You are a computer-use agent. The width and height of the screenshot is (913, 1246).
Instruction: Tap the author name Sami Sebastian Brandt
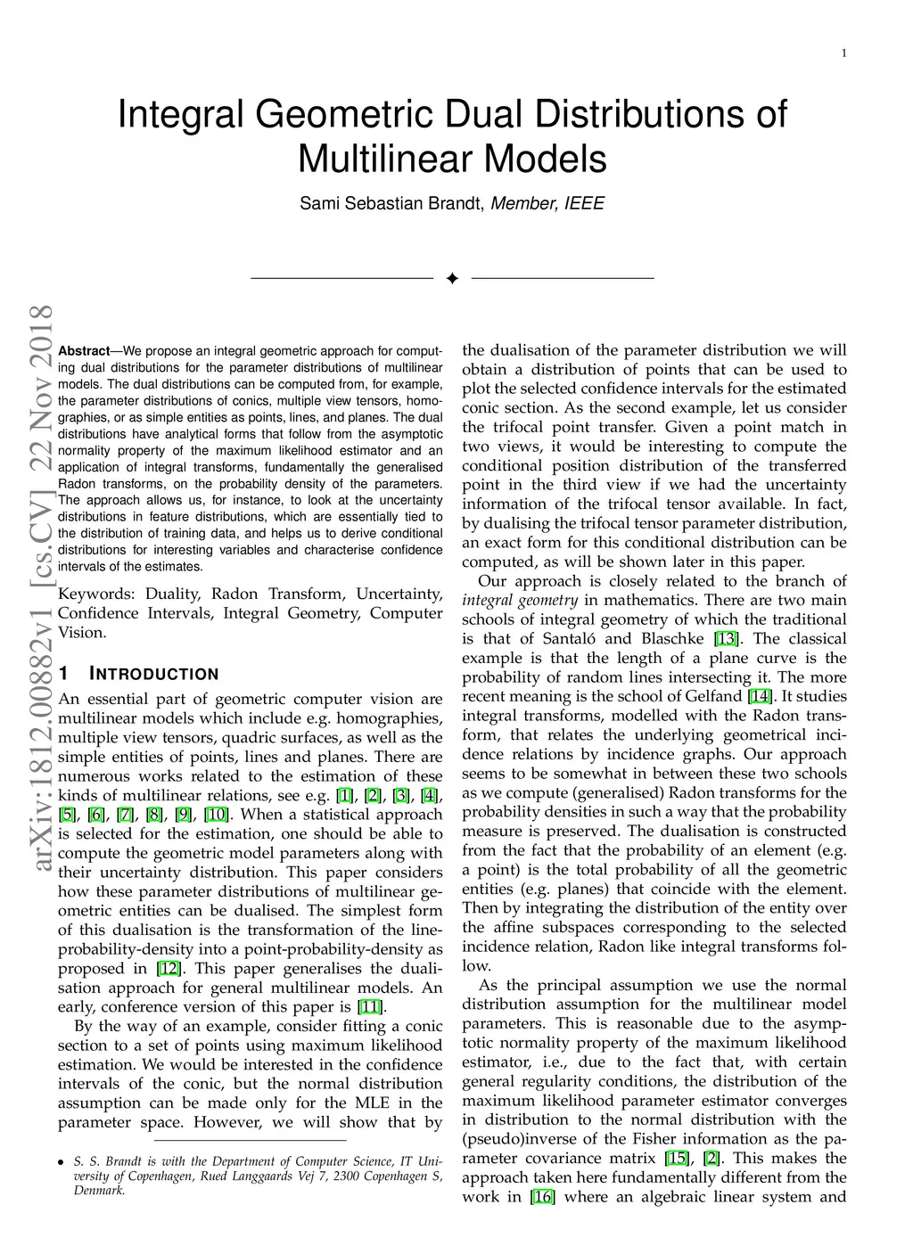pos(391,203)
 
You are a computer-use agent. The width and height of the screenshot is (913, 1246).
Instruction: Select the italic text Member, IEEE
pos(547,203)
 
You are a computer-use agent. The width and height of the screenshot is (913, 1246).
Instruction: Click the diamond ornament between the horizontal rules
pos(452,279)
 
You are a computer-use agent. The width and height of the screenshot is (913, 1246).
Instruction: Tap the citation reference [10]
pos(217,815)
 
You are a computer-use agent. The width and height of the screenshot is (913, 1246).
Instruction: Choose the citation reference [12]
pos(168,969)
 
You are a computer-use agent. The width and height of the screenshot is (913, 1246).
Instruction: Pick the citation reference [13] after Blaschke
pos(727,639)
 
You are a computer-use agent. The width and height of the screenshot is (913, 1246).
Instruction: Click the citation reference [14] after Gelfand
pos(761,696)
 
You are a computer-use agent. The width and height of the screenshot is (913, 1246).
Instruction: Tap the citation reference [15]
pos(677,1158)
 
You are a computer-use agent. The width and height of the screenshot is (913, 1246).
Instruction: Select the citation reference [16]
pos(542,1197)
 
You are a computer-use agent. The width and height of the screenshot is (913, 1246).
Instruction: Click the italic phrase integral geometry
pos(520,601)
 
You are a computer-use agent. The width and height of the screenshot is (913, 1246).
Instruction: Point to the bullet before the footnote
pos(61,1162)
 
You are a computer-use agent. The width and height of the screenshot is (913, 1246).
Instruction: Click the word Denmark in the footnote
pos(99,1190)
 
